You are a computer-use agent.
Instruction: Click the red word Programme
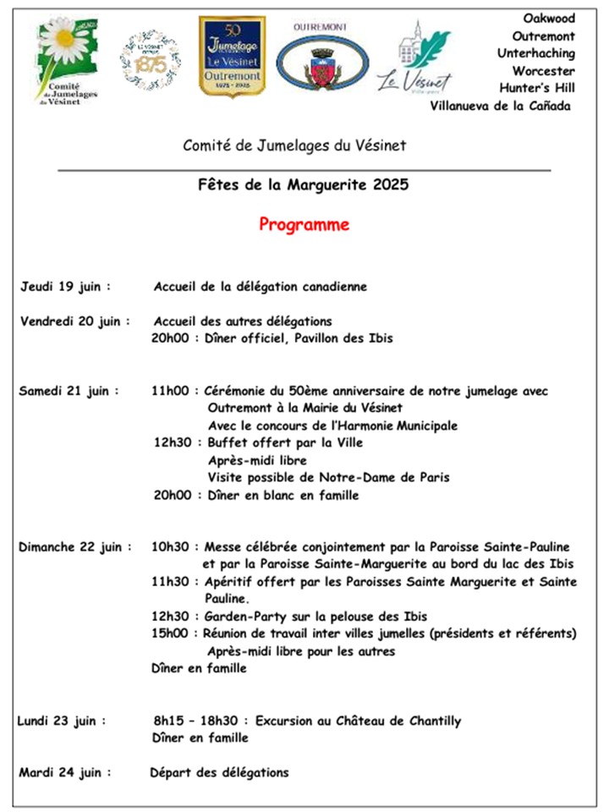tap(304, 225)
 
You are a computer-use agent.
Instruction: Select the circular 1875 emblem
tap(150, 60)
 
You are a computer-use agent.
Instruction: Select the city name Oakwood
tap(549, 18)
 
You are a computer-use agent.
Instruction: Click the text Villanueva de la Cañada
tap(500, 106)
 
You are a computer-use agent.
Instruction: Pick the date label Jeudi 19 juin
tap(66, 286)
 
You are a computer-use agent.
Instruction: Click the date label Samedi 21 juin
tap(69, 391)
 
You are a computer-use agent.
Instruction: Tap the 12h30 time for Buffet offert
tap(173, 442)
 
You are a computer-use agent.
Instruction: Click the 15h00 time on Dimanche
tap(172, 633)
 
